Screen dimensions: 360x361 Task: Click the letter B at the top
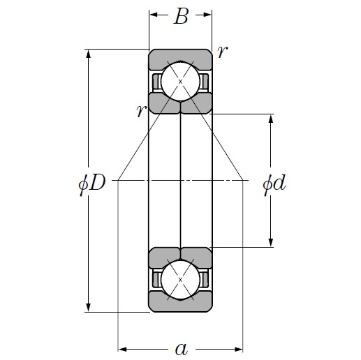click(181, 17)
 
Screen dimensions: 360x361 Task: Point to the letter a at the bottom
click(181, 348)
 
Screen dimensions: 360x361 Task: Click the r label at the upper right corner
click(221, 52)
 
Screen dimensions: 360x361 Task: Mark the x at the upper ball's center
click(180, 82)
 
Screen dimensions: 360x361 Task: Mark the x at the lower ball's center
click(180, 280)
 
